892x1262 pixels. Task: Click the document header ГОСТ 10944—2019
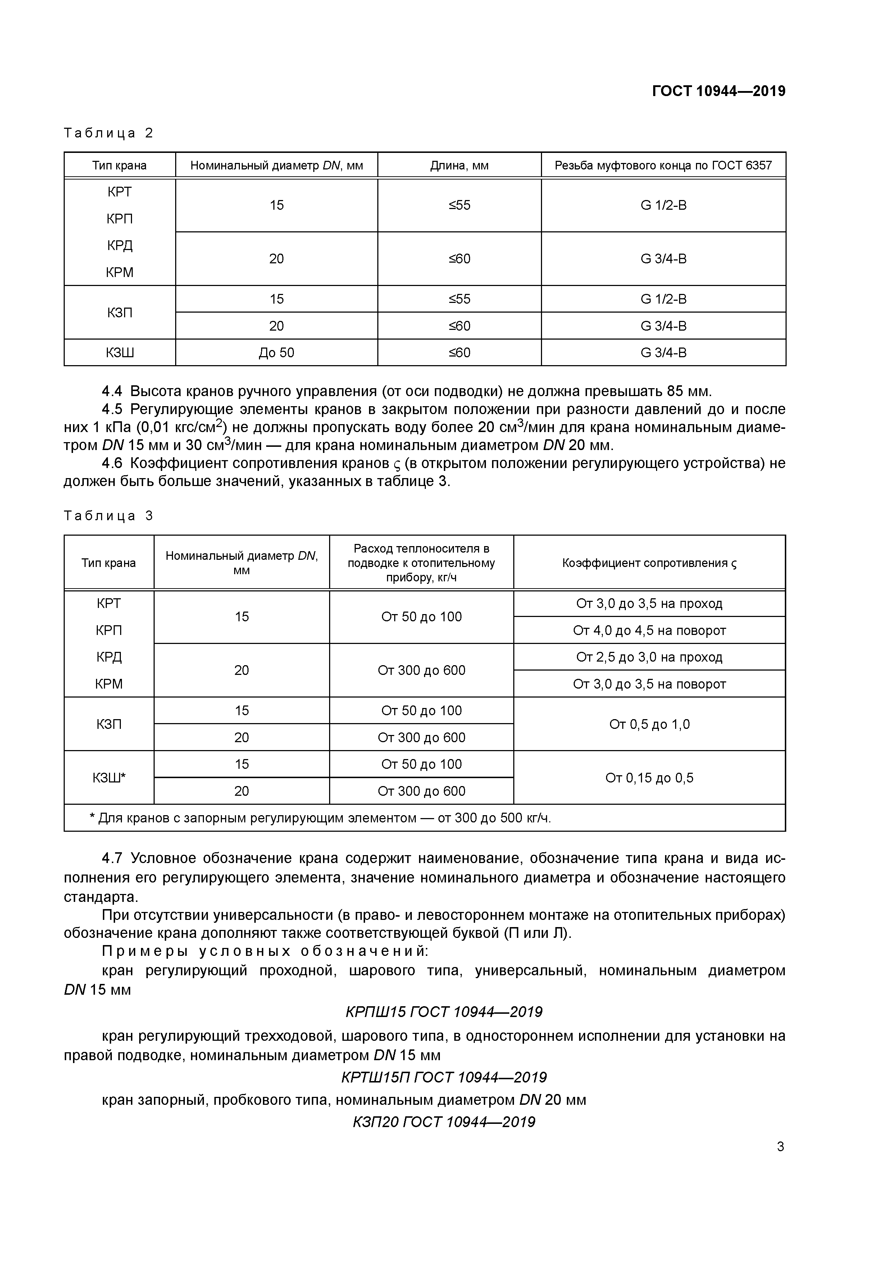[x=718, y=91]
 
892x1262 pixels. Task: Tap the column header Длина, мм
[x=459, y=165]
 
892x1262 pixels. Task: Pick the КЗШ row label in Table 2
[x=120, y=353]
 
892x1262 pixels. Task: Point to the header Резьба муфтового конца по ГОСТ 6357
[x=663, y=165]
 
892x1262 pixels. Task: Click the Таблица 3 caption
[x=108, y=516]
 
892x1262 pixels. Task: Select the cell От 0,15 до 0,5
[x=649, y=778]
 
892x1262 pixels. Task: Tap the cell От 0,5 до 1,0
[x=649, y=725]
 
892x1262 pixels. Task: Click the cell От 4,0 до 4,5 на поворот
[x=649, y=630]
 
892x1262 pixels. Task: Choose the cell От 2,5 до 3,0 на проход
[x=649, y=657]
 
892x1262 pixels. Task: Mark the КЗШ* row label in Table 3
[x=109, y=778]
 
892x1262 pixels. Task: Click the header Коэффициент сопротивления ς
[x=649, y=563]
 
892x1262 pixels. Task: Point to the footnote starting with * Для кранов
[x=320, y=818]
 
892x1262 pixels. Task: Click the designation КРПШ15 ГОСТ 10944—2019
[x=443, y=1012]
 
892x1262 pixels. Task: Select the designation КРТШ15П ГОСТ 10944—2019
[x=443, y=1077]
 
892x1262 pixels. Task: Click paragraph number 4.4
[x=112, y=391]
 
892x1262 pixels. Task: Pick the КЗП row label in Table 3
[x=109, y=725]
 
